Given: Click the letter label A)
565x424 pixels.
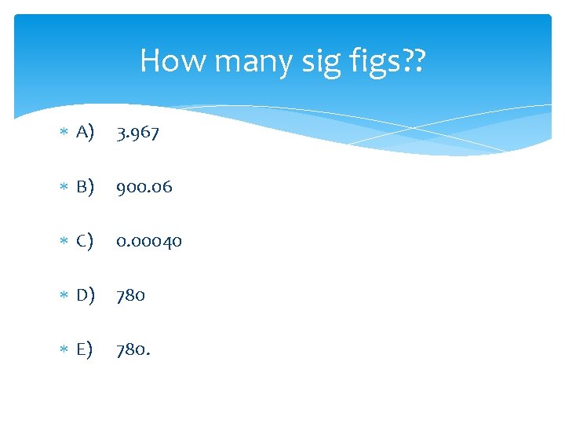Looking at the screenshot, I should tap(86, 133).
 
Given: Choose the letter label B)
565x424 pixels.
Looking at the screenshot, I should tap(86, 187).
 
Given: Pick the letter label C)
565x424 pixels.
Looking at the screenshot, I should tap(86, 241).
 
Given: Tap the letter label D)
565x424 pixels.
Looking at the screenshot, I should tap(86, 295).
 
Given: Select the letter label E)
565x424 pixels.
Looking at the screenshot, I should tap(86, 349).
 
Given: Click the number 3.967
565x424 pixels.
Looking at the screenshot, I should tap(137, 133).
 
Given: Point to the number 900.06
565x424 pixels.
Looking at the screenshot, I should tap(144, 187).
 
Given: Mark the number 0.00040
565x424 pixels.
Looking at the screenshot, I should tap(149, 241).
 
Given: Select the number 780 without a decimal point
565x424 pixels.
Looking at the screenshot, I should tap(130, 295).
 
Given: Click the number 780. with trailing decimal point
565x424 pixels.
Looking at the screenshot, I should tap(133, 349).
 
